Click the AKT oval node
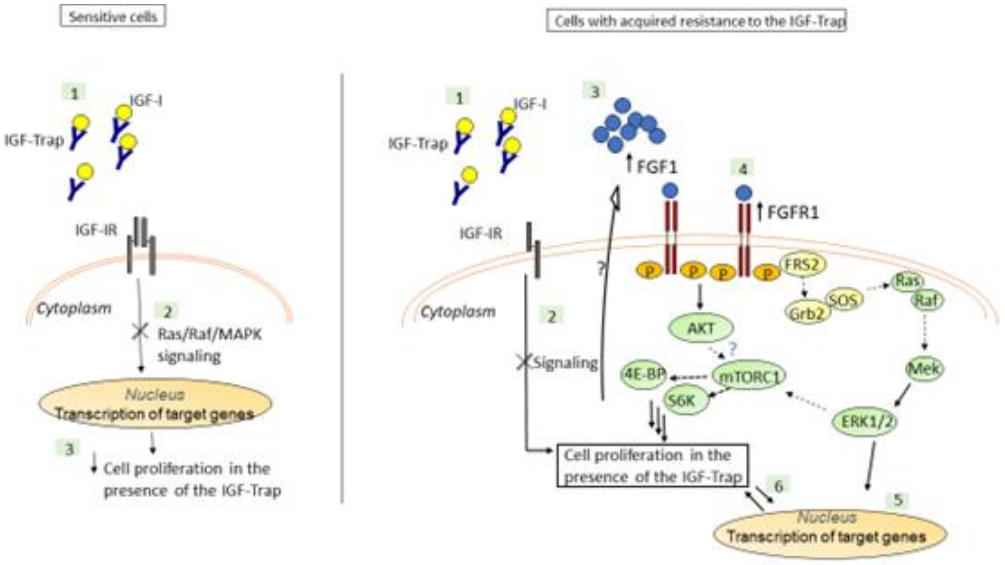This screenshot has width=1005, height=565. tap(701, 328)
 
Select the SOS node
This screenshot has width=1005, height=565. tap(844, 300)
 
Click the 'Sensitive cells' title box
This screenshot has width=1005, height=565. tap(113, 17)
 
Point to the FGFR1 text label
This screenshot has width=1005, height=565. tap(793, 213)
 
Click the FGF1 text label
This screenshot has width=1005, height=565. tap(657, 167)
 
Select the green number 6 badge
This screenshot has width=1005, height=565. tap(778, 486)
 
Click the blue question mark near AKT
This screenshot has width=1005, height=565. tap(732, 348)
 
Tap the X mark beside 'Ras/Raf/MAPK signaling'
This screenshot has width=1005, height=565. tap(140, 332)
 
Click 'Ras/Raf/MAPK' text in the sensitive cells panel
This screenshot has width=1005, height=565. tap(210, 334)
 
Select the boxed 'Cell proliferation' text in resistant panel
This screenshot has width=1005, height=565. tap(652, 465)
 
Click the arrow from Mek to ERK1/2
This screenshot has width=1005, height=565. tap(903, 394)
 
